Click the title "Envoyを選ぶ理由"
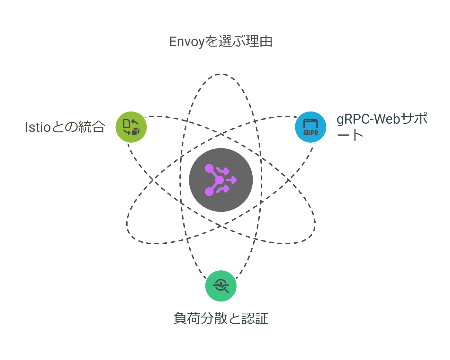221,42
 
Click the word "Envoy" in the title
187,42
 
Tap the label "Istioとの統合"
65,127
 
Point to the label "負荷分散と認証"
221,319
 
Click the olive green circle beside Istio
131,127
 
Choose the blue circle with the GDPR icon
310,127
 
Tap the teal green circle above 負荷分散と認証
221,286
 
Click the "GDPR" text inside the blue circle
310,132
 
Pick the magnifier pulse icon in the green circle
221,286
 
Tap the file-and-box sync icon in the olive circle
131,127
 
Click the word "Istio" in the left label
38,127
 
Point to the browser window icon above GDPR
310,123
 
